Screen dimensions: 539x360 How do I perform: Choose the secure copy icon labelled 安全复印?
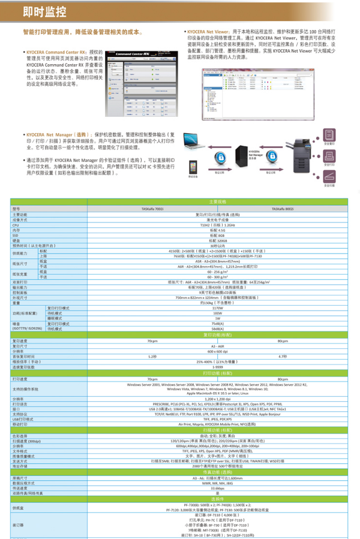[329, 135]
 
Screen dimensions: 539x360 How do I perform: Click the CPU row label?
[16, 224]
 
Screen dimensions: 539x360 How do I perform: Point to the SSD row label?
[16, 234]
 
